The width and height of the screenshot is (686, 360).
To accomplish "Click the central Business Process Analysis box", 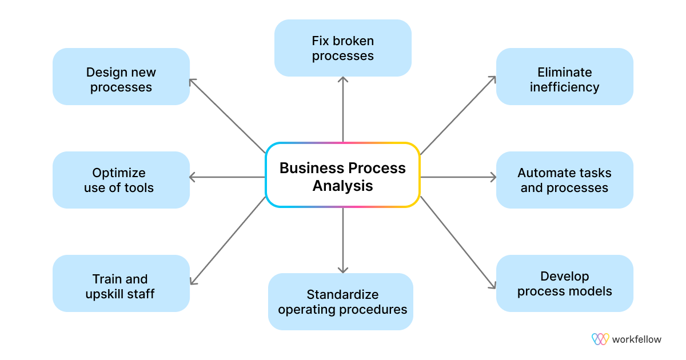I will [x=342, y=174].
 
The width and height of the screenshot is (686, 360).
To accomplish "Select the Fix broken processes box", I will [x=342, y=48].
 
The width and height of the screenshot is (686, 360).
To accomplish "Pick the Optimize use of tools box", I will [x=121, y=180].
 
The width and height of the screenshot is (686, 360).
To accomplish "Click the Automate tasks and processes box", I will [x=564, y=180].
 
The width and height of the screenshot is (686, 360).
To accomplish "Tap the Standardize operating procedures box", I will [x=341, y=302].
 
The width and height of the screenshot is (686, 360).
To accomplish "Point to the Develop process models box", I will [x=564, y=283].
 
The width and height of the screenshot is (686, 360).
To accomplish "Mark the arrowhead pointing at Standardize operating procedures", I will [x=343, y=269].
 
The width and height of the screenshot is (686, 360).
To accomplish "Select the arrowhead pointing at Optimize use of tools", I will [x=193, y=177].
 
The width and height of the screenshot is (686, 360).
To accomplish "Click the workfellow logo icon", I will [x=600, y=339].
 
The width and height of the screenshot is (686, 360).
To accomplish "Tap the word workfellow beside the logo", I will [x=636, y=339].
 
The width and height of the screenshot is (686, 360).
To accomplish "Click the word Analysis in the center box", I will [x=342, y=186].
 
